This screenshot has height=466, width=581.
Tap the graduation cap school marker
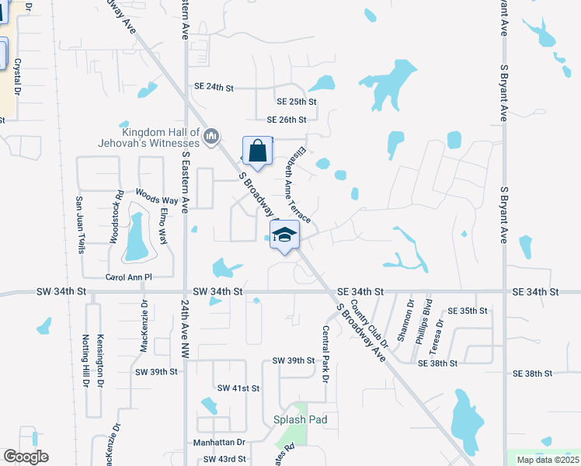[x=284, y=235]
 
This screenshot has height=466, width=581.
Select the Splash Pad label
[x=300, y=419]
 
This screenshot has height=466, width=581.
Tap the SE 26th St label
[x=287, y=120]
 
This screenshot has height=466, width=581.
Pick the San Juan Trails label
[x=79, y=224]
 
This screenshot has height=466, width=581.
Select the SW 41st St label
[x=238, y=388]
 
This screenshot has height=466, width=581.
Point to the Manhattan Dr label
[x=219, y=442]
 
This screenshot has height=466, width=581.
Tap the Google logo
[x=26, y=457]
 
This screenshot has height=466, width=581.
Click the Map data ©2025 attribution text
[x=547, y=460]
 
